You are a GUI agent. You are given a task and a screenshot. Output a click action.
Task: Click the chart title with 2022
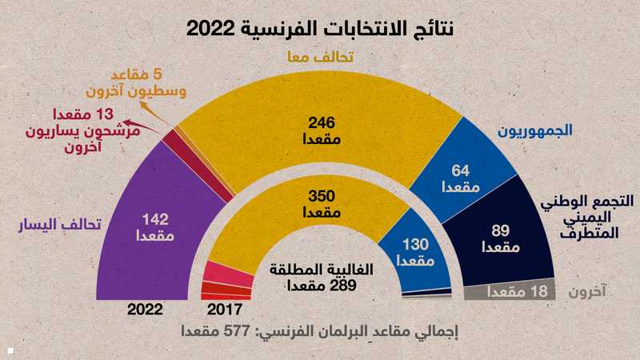point(320,29)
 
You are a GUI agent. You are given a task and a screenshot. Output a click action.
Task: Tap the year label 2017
point(223,309)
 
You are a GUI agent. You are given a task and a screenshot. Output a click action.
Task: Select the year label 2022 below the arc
point(145,309)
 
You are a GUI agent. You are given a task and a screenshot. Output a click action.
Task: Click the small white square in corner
point(10,350)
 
